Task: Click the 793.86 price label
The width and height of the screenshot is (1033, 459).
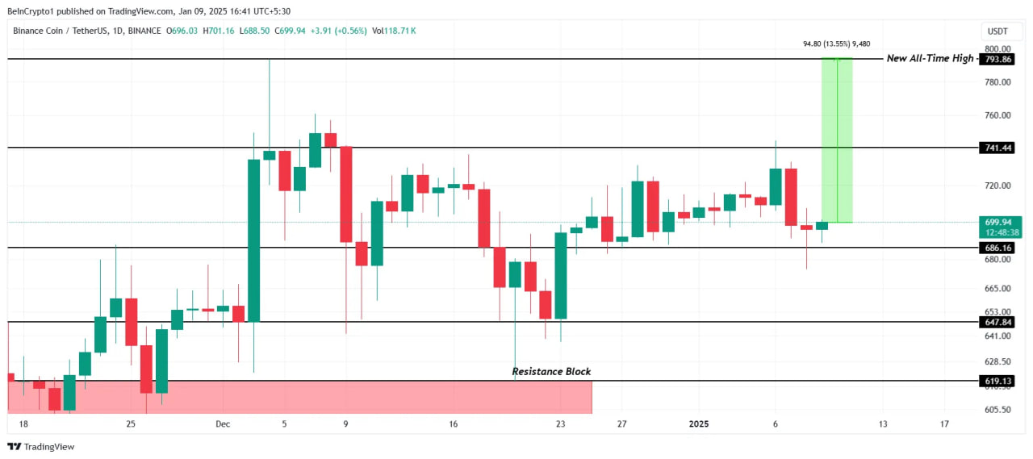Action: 999,60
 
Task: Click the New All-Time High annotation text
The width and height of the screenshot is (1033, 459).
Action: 930,58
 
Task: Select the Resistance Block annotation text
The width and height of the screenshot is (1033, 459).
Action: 551,372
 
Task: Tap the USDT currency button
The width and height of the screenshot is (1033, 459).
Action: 997,31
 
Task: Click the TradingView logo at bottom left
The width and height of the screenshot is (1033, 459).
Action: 41,446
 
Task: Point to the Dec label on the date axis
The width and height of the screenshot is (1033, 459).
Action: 224,424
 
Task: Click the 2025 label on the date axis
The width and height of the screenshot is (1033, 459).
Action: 699,424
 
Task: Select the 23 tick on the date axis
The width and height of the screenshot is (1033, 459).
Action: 561,424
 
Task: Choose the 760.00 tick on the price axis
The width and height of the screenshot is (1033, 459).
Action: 997,115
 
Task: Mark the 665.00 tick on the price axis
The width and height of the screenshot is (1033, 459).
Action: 997,288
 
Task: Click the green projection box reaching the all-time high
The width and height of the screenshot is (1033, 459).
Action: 837,140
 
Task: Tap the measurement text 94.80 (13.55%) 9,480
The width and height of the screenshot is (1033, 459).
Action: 836,44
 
